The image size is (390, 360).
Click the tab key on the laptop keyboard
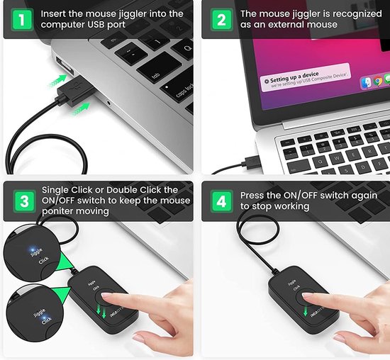pos(150,73)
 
